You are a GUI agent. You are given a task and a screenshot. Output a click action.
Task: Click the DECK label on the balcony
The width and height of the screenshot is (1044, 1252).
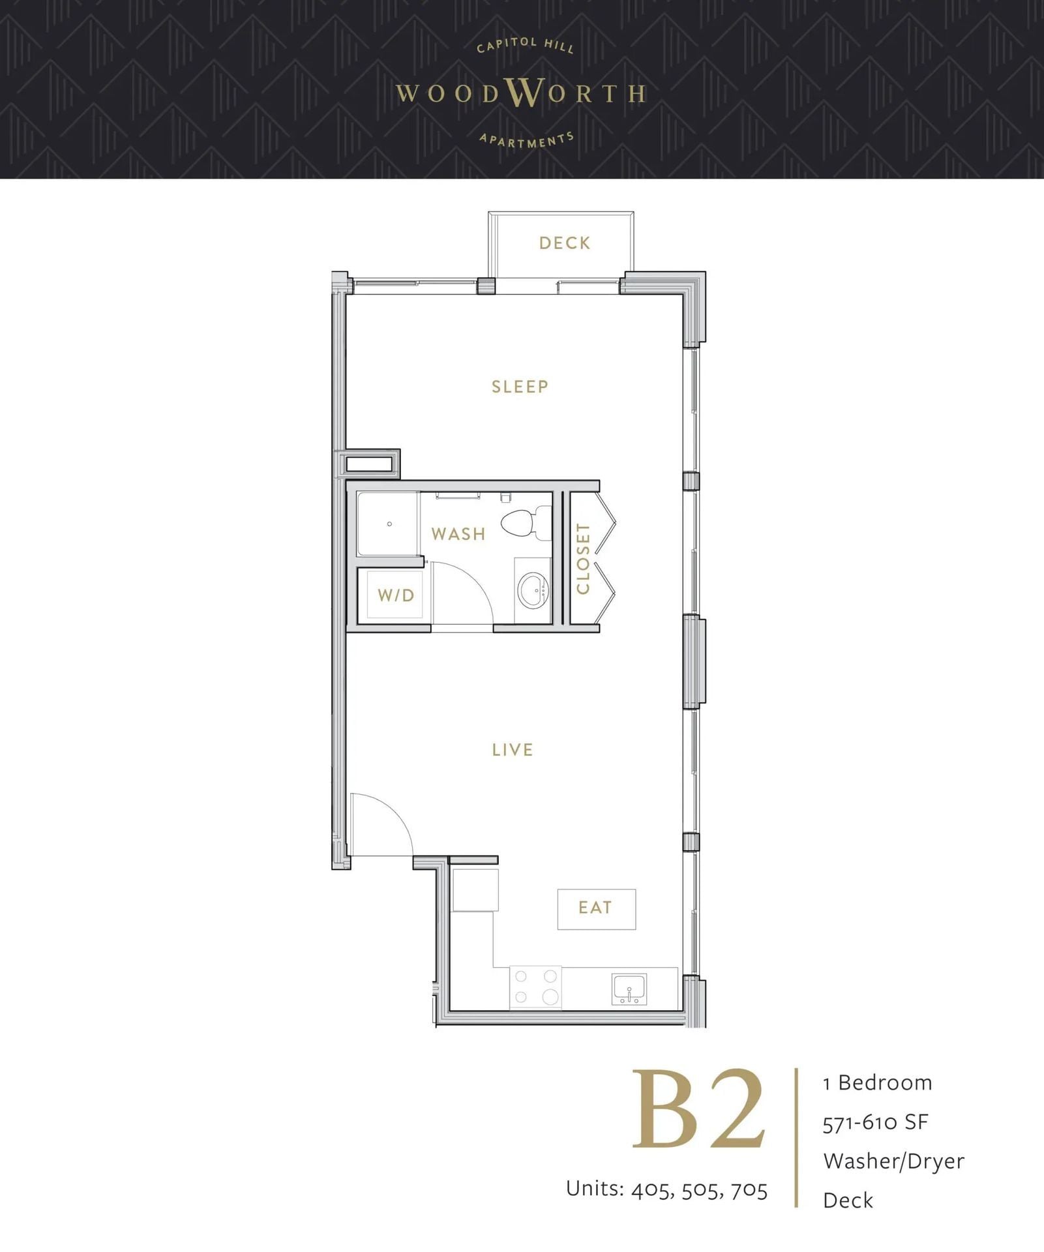click(x=565, y=243)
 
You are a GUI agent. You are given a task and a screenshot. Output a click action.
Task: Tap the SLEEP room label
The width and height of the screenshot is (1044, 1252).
click(x=520, y=387)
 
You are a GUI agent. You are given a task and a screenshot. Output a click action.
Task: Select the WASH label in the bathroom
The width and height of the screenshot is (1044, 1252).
click(x=458, y=534)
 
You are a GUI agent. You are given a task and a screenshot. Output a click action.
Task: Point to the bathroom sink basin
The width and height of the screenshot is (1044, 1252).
click(x=533, y=591)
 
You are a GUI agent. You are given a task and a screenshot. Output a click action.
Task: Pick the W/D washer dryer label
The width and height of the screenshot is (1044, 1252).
click(x=396, y=595)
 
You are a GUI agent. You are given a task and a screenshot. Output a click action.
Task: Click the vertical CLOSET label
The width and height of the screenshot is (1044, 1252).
click(x=583, y=559)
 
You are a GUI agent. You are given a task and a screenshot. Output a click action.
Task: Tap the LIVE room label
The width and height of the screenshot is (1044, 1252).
click(x=513, y=750)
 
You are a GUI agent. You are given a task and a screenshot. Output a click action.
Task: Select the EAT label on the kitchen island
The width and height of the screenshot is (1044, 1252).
click(x=595, y=908)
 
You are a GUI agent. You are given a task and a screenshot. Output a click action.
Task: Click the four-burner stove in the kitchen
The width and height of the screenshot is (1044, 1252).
click(x=535, y=987)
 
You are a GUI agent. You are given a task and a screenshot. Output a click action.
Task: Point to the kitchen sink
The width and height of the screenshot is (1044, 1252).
click(x=629, y=989)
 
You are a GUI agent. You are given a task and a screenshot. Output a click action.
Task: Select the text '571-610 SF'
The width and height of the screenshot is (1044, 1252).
click(x=875, y=1122)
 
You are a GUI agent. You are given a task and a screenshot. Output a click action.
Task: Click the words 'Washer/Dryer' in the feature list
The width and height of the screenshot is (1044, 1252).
click(x=893, y=1161)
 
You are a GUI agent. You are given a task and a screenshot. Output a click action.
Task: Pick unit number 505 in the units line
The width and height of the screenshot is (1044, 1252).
click(x=701, y=1189)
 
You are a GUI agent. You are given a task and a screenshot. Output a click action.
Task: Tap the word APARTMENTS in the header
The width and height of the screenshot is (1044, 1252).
click(x=527, y=140)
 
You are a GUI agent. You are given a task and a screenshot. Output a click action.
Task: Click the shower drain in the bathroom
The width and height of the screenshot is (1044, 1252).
click(x=389, y=524)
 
